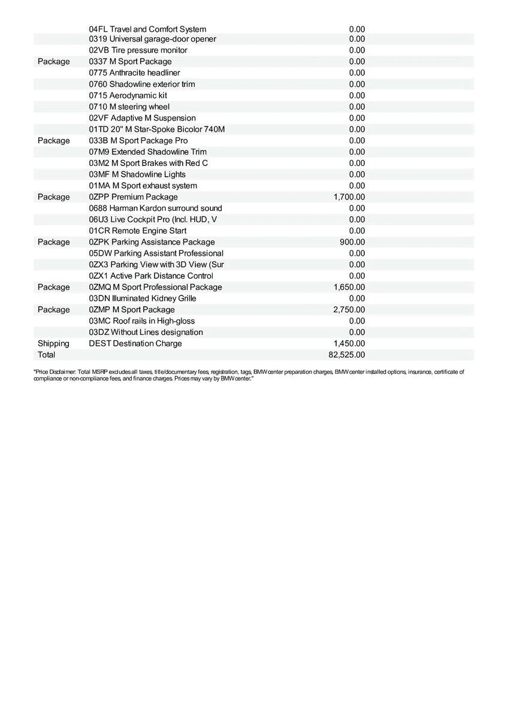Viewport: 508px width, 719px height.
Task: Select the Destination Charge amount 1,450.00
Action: pyautogui.click(x=349, y=343)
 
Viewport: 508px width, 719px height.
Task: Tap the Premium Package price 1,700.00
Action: pyautogui.click(x=349, y=197)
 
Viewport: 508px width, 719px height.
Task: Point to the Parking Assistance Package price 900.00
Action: pyautogui.click(x=352, y=242)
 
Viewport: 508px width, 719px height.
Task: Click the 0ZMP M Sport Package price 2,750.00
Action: pyautogui.click(x=349, y=310)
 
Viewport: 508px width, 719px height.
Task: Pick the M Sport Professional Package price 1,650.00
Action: pyautogui.click(x=349, y=287)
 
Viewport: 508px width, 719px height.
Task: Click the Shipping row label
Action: pyautogui.click(x=53, y=343)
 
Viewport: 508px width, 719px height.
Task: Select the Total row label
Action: pyautogui.click(x=46, y=355)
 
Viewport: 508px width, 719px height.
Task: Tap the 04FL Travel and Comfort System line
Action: pyautogui.click(x=147, y=29)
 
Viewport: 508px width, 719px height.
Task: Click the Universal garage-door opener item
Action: pyautogui.click(x=152, y=39)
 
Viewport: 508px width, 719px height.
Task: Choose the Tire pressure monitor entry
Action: pyautogui.click(x=138, y=50)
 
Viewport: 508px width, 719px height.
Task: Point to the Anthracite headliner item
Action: pyautogui.click(x=134, y=72)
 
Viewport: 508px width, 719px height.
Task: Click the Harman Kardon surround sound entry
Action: pyautogui.click(x=155, y=208)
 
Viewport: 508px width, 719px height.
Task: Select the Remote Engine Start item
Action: pyautogui.click(x=137, y=231)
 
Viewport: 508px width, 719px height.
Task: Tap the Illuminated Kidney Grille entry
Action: pyautogui.click(x=143, y=298)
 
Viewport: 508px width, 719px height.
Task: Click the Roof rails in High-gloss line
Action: pyautogui.click(x=141, y=321)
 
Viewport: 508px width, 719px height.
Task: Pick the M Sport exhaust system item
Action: pyautogui.click(x=143, y=186)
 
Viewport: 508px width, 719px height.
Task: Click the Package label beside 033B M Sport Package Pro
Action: pyautogui.click(x=53, y=140)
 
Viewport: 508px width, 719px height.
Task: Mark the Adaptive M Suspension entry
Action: pyautogui.click(x=142, y=118)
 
